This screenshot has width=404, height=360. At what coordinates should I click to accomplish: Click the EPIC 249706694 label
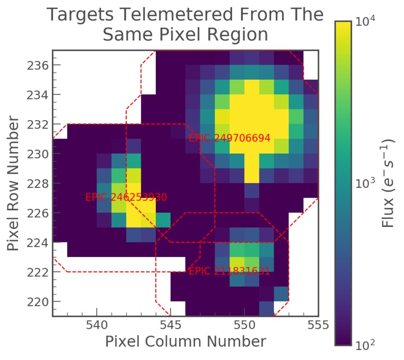[x=229, y=138]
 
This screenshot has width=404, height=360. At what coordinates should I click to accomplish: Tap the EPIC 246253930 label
[x=126, y=197]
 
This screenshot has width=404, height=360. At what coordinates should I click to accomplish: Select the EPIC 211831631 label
[x=229, y=272]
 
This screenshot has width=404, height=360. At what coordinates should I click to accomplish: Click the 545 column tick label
[x=170, y=325]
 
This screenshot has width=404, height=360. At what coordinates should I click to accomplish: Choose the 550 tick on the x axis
[x=244, y=325]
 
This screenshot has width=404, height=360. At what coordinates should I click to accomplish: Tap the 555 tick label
[x=318, y=325]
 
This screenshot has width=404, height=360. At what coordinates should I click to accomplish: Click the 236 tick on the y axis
[x=38, y=65]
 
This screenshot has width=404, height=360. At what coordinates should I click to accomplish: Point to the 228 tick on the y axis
[x=38, y=183]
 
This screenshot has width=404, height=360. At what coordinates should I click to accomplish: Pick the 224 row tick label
[x=38, y=242]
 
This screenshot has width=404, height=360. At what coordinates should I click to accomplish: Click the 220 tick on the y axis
[x=38, y=302]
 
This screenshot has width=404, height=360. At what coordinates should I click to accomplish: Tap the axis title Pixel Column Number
[x=185, y=342]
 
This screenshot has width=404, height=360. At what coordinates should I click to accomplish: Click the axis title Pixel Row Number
[x=14, y=183]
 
